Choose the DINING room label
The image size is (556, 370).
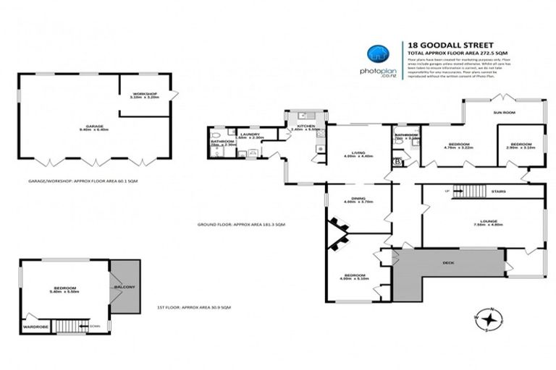coord(358,199)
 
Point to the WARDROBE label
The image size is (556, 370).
coord(35,326)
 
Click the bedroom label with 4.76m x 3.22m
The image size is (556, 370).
coord(458,145)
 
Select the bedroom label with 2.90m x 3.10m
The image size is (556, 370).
coord(521,144)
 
